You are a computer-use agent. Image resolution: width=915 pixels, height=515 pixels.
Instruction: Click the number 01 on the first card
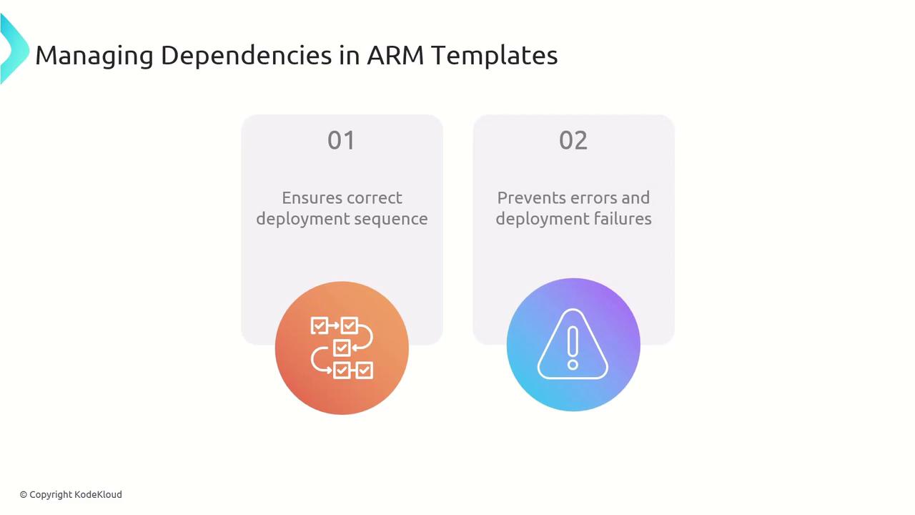click(341, 140)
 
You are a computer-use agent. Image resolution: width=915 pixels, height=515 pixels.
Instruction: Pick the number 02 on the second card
click(573, 140)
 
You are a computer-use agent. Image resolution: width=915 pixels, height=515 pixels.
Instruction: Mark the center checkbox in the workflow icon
click(342, 348)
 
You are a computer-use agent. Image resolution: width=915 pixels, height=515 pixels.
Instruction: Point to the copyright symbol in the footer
click(24, 494)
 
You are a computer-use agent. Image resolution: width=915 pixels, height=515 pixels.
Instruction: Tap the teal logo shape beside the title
click(12, 50)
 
